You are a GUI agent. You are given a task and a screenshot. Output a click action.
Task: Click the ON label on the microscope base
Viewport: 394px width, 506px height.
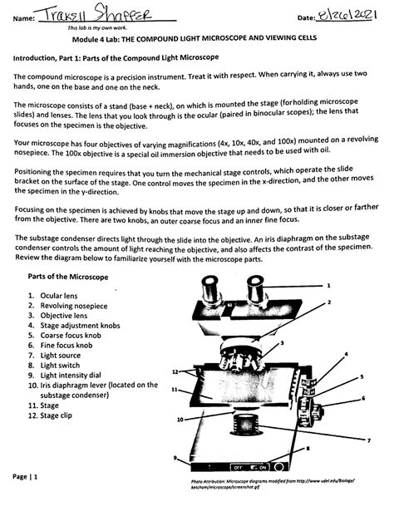tap(263, 467)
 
